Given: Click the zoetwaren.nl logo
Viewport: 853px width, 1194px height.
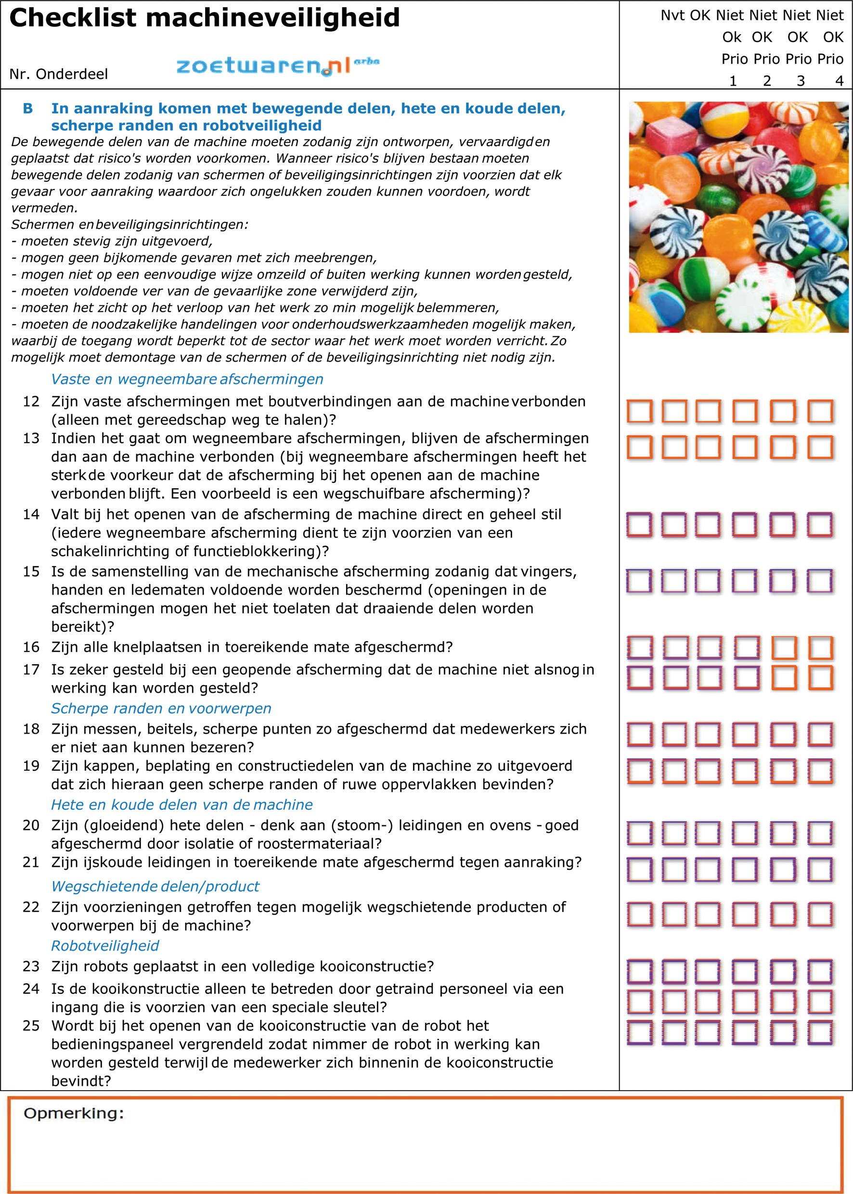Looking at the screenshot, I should [x=277, y=65].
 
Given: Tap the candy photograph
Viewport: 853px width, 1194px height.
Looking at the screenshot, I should [x=738, y=217].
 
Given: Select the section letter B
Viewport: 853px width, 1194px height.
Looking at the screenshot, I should [x=28, y=109].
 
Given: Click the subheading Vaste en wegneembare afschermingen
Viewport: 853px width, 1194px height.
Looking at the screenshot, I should [x=186, y=379].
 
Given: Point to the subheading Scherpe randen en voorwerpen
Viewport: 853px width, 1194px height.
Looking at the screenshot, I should [x=161, y=708].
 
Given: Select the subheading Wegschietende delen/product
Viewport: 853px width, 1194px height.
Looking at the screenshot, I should [x=155, y=887].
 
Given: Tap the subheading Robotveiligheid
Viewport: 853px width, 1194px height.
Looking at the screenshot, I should [x=104, y=946].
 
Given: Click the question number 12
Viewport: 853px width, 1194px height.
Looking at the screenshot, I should [x=31, y=402].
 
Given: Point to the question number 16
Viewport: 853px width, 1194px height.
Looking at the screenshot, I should [x=31, y=647].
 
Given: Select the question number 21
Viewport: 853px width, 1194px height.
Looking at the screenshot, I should [x=31, y=862].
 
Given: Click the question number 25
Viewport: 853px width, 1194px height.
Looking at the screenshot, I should [x=31, y=1026].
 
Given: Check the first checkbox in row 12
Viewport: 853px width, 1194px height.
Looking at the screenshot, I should [x=639, y=411].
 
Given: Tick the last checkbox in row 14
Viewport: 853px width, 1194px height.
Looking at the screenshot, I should [x=820, y=525].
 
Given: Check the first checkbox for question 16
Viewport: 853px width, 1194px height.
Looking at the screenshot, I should [x=640, y=648].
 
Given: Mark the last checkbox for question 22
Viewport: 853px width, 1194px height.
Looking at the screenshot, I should [x=820, y=915].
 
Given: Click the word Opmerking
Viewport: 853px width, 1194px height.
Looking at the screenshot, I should [x=74, y=1113].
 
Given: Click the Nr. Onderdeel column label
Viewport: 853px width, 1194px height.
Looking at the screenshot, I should [x=58, y=74].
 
